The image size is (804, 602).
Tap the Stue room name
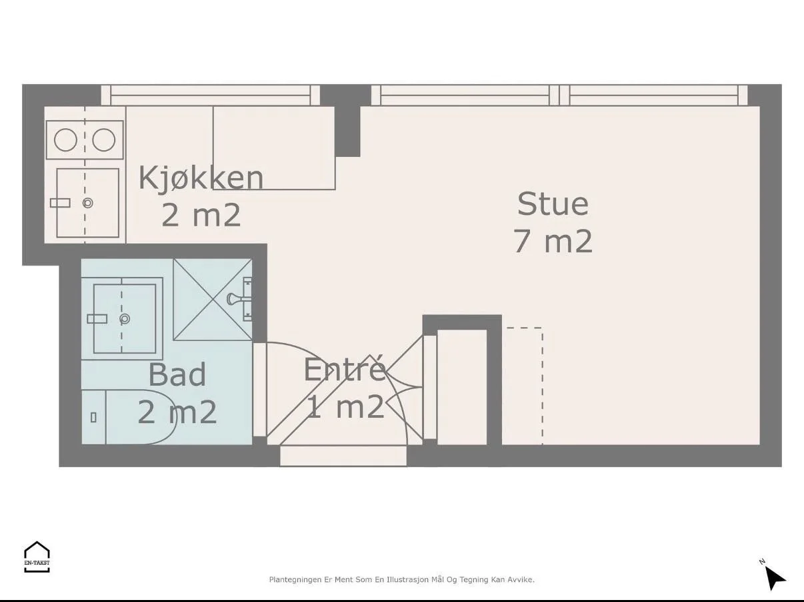553,204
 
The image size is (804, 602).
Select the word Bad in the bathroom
177,374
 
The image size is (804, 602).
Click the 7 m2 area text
553,241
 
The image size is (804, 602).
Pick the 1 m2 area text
345,406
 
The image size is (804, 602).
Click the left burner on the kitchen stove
65,139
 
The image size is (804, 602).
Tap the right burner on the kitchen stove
103,139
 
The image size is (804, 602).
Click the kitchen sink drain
88,203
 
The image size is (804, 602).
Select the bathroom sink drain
125,319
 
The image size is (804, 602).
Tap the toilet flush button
93,417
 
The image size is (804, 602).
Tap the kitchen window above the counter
211,95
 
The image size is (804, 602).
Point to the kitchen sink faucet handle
60,203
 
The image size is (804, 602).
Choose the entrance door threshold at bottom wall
343,456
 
